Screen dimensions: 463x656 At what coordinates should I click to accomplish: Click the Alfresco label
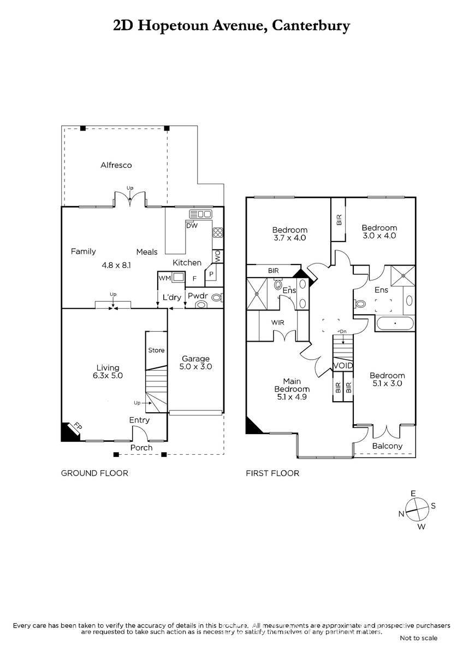[116, 165]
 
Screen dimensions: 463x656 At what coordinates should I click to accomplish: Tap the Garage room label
[195, 359]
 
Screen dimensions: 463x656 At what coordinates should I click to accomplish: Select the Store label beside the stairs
[156, 350]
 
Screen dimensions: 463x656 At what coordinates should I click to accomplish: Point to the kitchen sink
[200, 214]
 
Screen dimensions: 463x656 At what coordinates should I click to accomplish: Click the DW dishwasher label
[192, 225]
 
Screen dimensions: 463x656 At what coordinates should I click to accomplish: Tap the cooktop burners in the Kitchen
[218, 232]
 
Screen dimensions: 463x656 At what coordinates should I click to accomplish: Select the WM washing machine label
[165, 278]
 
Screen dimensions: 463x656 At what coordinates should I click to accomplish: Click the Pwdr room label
[198, 296]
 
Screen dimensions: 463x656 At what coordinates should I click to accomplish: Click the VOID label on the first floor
[343, 366]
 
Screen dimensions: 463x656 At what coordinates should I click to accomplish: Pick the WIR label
[277, 323]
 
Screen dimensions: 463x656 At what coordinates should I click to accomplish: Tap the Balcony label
[387, 446]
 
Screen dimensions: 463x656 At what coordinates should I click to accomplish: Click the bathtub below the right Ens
[395, 324]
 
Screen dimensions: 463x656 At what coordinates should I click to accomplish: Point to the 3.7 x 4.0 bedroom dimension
[290, 238]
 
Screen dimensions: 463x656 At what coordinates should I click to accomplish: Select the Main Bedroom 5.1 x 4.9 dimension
[292, 397]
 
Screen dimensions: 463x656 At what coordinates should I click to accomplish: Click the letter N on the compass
[401, 514]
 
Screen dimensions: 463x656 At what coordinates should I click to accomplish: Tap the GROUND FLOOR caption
[94, 473]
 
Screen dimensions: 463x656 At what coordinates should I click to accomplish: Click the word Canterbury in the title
[311, 26]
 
